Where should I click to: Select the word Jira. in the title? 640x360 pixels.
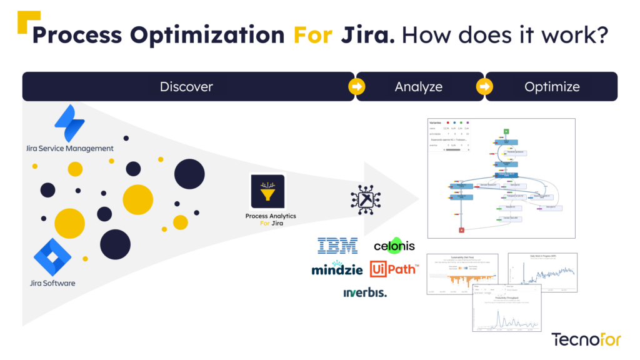[x=368, y=35]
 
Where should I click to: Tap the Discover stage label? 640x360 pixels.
[x=186, y=87]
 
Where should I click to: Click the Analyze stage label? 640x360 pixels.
[x=419, y=87]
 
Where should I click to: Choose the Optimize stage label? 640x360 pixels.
[x=552, y=87]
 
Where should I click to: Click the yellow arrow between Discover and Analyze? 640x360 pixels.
[x=356, y=87]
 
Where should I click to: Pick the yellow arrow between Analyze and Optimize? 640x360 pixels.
[x=485, y=87]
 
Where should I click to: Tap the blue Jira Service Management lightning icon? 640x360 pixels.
[x=69, y=123]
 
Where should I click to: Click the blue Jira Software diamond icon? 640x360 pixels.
[x=52, y=257]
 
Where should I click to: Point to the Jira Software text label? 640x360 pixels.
[x=52, y=283]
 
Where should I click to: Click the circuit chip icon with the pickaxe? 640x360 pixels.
[x=361, y=199]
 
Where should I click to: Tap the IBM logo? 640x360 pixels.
[x=337, y=245]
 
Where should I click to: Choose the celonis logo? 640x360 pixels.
[x=394, y=245]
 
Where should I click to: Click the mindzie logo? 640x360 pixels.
[x=337, y=269]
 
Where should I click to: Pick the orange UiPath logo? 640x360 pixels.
[x=394, y=269]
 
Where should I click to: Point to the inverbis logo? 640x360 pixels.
[x=365, y=292]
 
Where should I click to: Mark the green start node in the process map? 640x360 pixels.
[x=506, y=131]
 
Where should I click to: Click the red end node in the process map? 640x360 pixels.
[x=461, y=230]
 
